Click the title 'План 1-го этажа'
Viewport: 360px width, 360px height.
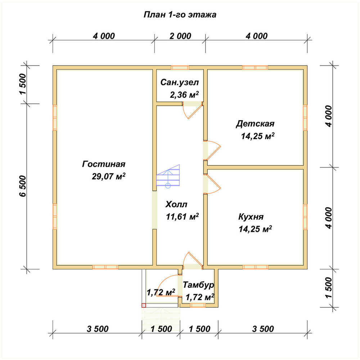180,14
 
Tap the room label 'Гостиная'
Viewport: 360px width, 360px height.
104,164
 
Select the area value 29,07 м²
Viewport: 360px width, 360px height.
109,176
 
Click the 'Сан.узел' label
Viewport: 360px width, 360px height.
180,82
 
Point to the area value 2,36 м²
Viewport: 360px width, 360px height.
184,95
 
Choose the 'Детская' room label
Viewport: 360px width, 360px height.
255,124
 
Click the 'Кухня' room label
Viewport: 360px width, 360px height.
251,217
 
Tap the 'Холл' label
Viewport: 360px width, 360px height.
176,204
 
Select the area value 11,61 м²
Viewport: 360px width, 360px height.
182,216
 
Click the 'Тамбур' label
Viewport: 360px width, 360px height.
198,285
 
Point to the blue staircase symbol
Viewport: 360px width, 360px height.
168,176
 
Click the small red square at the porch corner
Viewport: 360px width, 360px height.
144,305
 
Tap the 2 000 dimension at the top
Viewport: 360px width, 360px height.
180,36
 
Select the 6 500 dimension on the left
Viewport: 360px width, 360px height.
23,186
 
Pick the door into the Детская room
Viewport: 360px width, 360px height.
212,150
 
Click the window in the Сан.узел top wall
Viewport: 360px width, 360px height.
180,68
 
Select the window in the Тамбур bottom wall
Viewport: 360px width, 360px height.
198,305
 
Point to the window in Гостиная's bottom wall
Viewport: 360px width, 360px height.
105,267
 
